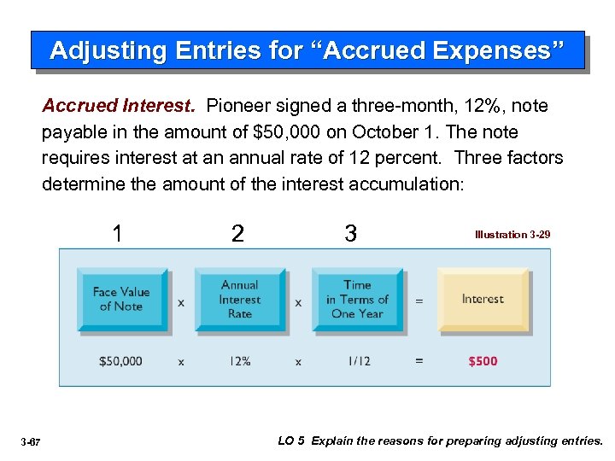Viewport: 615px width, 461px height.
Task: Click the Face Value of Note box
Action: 120,300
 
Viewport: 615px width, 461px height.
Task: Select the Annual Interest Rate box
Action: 239,300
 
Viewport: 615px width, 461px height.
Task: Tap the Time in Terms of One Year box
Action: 357,300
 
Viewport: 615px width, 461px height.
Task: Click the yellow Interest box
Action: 483,300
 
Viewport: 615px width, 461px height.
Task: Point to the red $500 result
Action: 483,361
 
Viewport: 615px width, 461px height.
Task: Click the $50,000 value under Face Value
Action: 120,361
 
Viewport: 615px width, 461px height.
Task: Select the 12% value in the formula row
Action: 239,361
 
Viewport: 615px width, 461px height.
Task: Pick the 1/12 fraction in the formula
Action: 359,361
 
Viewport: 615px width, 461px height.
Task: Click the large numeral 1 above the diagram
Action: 118,233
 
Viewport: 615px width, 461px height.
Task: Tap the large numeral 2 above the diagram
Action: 237,233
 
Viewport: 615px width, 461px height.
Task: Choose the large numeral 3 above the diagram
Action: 350,233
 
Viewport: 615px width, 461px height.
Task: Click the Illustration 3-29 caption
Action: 512,234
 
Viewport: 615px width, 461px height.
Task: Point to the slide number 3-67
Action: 31,442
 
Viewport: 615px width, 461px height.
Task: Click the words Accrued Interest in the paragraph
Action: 119,107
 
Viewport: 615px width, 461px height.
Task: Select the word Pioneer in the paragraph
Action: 237,107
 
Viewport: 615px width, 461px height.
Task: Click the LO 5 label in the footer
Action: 291,441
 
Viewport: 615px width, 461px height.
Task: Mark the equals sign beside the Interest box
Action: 419,301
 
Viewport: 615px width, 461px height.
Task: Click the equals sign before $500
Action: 419,361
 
